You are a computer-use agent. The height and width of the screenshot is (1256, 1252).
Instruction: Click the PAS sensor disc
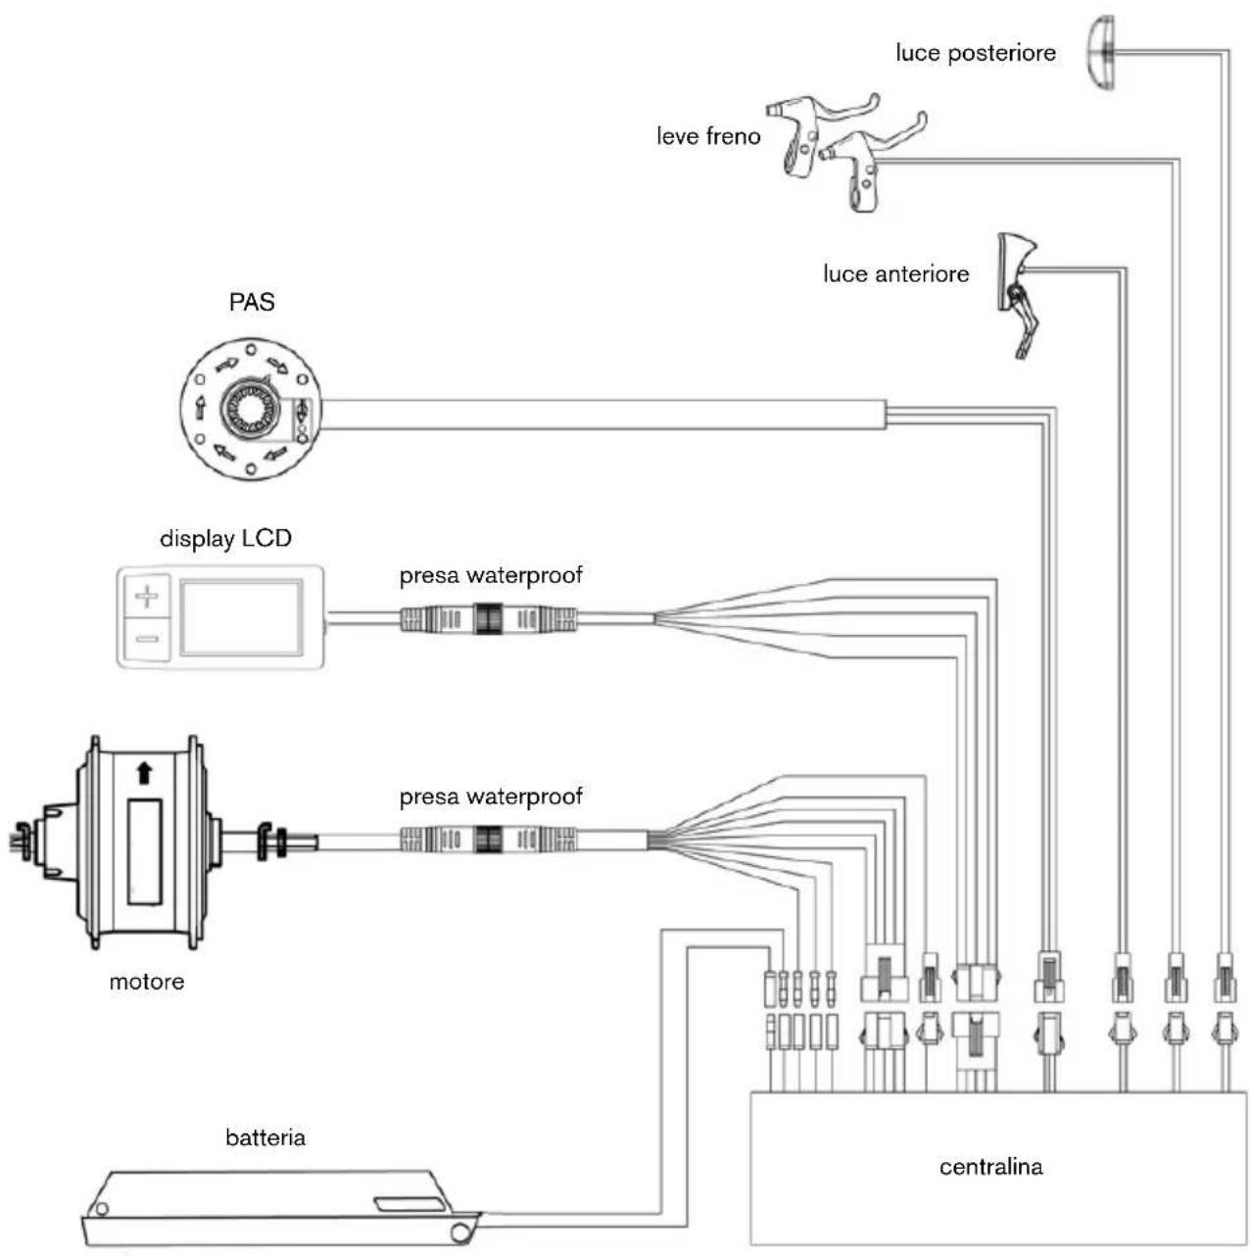pyautogui.click(x=251, y=409)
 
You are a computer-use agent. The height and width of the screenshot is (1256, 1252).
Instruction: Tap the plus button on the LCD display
pyautogui.click(x=147, y=596)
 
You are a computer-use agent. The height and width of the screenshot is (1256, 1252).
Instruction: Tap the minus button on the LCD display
pyautogui.click(x=147, y=639)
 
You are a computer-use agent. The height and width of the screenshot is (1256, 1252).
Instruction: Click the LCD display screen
pyautogui.click(x=241, y=617)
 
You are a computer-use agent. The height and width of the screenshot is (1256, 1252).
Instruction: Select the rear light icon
pyautogui.click(x=1101, y=53)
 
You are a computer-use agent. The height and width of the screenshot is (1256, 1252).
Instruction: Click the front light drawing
pyautogui.click(x=1017, y=284)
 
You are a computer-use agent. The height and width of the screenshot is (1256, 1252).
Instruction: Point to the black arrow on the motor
pyautogui.click(x=144, y=773)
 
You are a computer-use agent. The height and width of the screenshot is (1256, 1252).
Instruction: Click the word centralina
pyautogui.click(x=990, y=1167)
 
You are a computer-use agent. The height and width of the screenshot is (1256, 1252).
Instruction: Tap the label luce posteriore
pyautogui.click(x=975, y=53)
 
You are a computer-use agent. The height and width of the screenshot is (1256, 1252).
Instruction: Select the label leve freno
pyautogui.click(x=707, y=136)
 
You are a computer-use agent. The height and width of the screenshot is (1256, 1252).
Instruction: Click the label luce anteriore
pyautogui.click(x=895, y=274)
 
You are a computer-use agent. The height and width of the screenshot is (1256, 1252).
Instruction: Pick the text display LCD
pyautogui.click(x=225, y=539)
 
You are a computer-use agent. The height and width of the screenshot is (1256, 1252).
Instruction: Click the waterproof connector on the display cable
pyautogui.click(x=488, y=619)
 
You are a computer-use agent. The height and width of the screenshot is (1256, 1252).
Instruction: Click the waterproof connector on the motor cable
pyautogui.click(x=488, y=840)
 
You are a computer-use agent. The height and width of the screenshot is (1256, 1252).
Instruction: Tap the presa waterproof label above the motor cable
pyautogui.click(x=490, y=797)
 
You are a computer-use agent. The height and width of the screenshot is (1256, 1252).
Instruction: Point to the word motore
pyautogui.click(x=147, y=982)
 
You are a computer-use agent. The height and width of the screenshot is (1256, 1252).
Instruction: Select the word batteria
pyautogui.click(x=265, y=1138)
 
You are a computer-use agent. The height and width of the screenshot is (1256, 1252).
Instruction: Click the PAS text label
pyautogui.click(x=252, y=302)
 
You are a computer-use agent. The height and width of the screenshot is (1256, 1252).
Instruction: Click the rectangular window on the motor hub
pyautogui.click(x=144, y=850)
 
